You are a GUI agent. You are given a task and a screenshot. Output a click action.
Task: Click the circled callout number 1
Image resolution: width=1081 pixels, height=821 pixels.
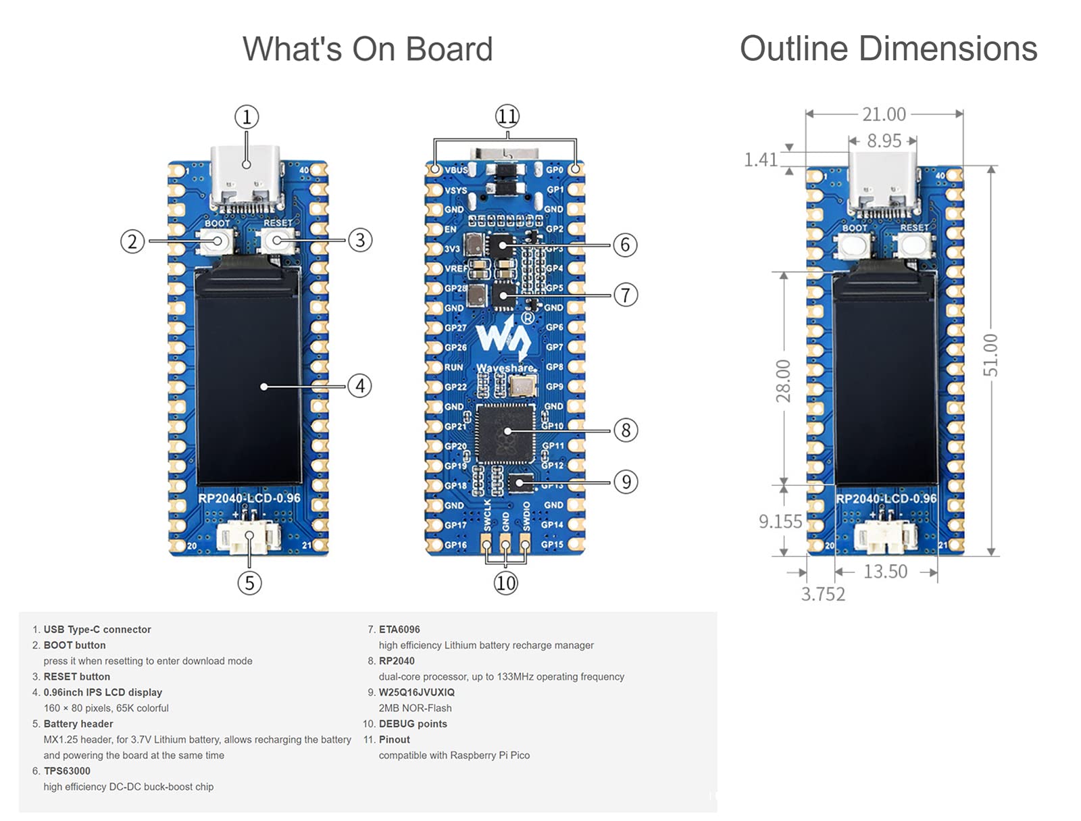pyautogui.click(x=247, y=117)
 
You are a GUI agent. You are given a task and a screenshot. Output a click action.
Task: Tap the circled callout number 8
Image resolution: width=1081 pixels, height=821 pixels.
pyautogui.click(x=626, y=430)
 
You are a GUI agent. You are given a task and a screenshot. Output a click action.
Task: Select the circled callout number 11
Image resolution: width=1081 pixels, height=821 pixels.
pyautogui.click(x=507, y=116)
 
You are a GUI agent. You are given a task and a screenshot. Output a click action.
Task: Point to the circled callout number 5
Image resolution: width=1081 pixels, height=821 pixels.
pyautogui.click(x=249, y=582)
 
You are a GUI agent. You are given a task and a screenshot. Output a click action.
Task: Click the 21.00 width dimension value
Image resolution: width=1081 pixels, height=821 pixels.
pyautogui.click(x=884, y=114)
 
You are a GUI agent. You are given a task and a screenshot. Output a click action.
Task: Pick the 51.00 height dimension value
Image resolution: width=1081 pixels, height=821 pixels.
pyautogui.click(x=990, y=355)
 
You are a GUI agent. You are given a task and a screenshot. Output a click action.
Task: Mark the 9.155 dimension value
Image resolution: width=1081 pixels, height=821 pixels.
pyautogui.click(x=780, y=522)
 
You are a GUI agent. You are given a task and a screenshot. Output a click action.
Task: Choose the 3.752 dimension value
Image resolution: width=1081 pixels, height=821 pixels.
pyautogui.click(x=823, y=594)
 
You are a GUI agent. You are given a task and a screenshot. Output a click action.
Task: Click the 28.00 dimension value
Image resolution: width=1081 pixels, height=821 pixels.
pyautogui.click(x=783, y=380)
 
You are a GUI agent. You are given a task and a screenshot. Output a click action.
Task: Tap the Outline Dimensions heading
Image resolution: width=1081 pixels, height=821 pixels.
pyautogui.click(x=888, y=49)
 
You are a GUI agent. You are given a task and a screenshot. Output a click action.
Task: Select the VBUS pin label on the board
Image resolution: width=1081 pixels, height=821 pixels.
pyautogui.click(x=456, y=170)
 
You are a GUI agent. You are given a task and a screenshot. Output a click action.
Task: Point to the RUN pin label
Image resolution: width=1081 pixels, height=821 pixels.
pyautogui.click(x=453, y=367)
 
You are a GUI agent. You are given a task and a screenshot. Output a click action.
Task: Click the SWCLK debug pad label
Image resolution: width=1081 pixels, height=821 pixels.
pyautogui.click(x=487, y=516)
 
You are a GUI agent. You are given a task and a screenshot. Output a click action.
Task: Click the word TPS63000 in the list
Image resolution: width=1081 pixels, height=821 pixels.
pyautogui.click(x=67, y=771)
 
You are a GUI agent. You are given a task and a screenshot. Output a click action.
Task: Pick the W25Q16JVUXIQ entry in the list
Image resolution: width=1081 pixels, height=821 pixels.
pyautogui.click(x=416, y=692)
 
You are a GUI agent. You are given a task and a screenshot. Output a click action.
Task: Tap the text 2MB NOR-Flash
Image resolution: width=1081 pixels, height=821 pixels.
pyautogui.click(x=415, y=708)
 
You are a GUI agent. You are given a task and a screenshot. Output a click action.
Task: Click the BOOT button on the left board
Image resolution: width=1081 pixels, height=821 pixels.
pyautogui.click(x=217, y=241)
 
